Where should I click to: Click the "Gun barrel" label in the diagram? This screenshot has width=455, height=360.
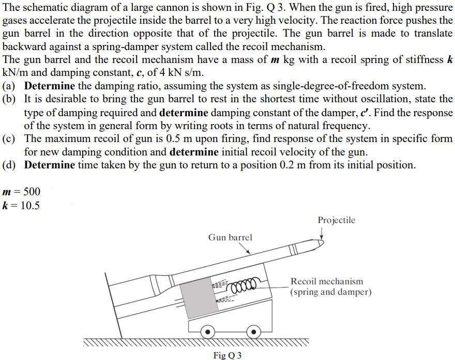(x=230, y=238)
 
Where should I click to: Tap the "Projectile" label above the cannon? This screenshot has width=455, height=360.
(x=336, y=221)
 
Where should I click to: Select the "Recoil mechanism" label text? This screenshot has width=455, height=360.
(x=327, y=281)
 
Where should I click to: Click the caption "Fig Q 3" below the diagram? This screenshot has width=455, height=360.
(x=227, y=355)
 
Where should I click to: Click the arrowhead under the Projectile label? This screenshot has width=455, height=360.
(x=322, y=238)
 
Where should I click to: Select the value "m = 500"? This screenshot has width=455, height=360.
(x=21, y=192)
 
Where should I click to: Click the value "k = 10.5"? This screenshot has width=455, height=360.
(x=21, y=205)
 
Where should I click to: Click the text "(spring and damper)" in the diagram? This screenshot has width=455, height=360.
(x=331, y=292)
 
